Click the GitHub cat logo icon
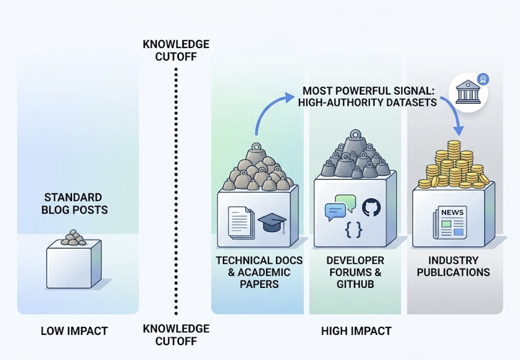[x=371, y=208]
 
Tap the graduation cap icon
[x=271, y=223]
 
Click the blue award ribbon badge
[x=483, y=79]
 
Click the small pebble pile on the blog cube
[x=74, y=238]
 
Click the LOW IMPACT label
[x=74, y=331]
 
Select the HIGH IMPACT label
[x=356, y=331]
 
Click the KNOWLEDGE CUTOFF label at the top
[x=176, y=50]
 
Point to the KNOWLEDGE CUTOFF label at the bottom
[x=176, y=335]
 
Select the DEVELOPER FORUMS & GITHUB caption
[x=355, y=272]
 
